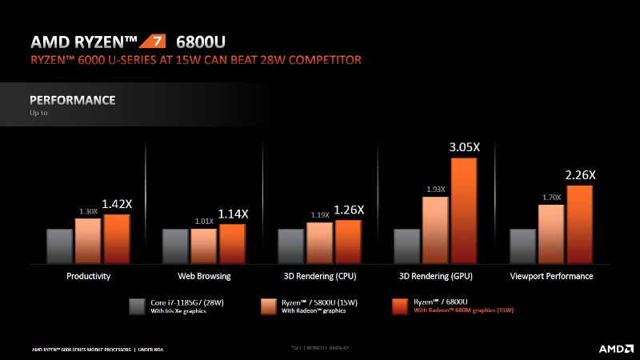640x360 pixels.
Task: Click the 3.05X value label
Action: tap(464, 146)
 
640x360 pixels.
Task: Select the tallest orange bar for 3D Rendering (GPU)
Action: tap(464, 210)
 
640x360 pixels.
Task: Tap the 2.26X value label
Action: tap(580, 175)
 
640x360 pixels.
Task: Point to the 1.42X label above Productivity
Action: tap(117, 204)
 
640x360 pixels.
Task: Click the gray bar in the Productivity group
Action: tap(59, 246)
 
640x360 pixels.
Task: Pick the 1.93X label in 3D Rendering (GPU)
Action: tap(434, 189)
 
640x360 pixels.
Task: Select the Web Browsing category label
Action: tap(204, 276)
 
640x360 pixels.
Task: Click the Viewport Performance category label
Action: tap(552, 276)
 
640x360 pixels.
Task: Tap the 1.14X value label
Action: tap(233, 214)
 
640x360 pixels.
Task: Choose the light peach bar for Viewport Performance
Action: tap(551, 234)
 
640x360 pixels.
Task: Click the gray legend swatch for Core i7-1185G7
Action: tap(137, 306)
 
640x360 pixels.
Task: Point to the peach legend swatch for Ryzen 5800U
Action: tap(269, 306)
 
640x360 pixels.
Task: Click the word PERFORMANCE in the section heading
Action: tap(73, 100)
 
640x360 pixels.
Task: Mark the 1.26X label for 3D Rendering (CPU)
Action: tap(349, 210)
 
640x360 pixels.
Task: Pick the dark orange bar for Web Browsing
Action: tap(233, 243)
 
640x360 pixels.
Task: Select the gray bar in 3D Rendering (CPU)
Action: tap(290, 246)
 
